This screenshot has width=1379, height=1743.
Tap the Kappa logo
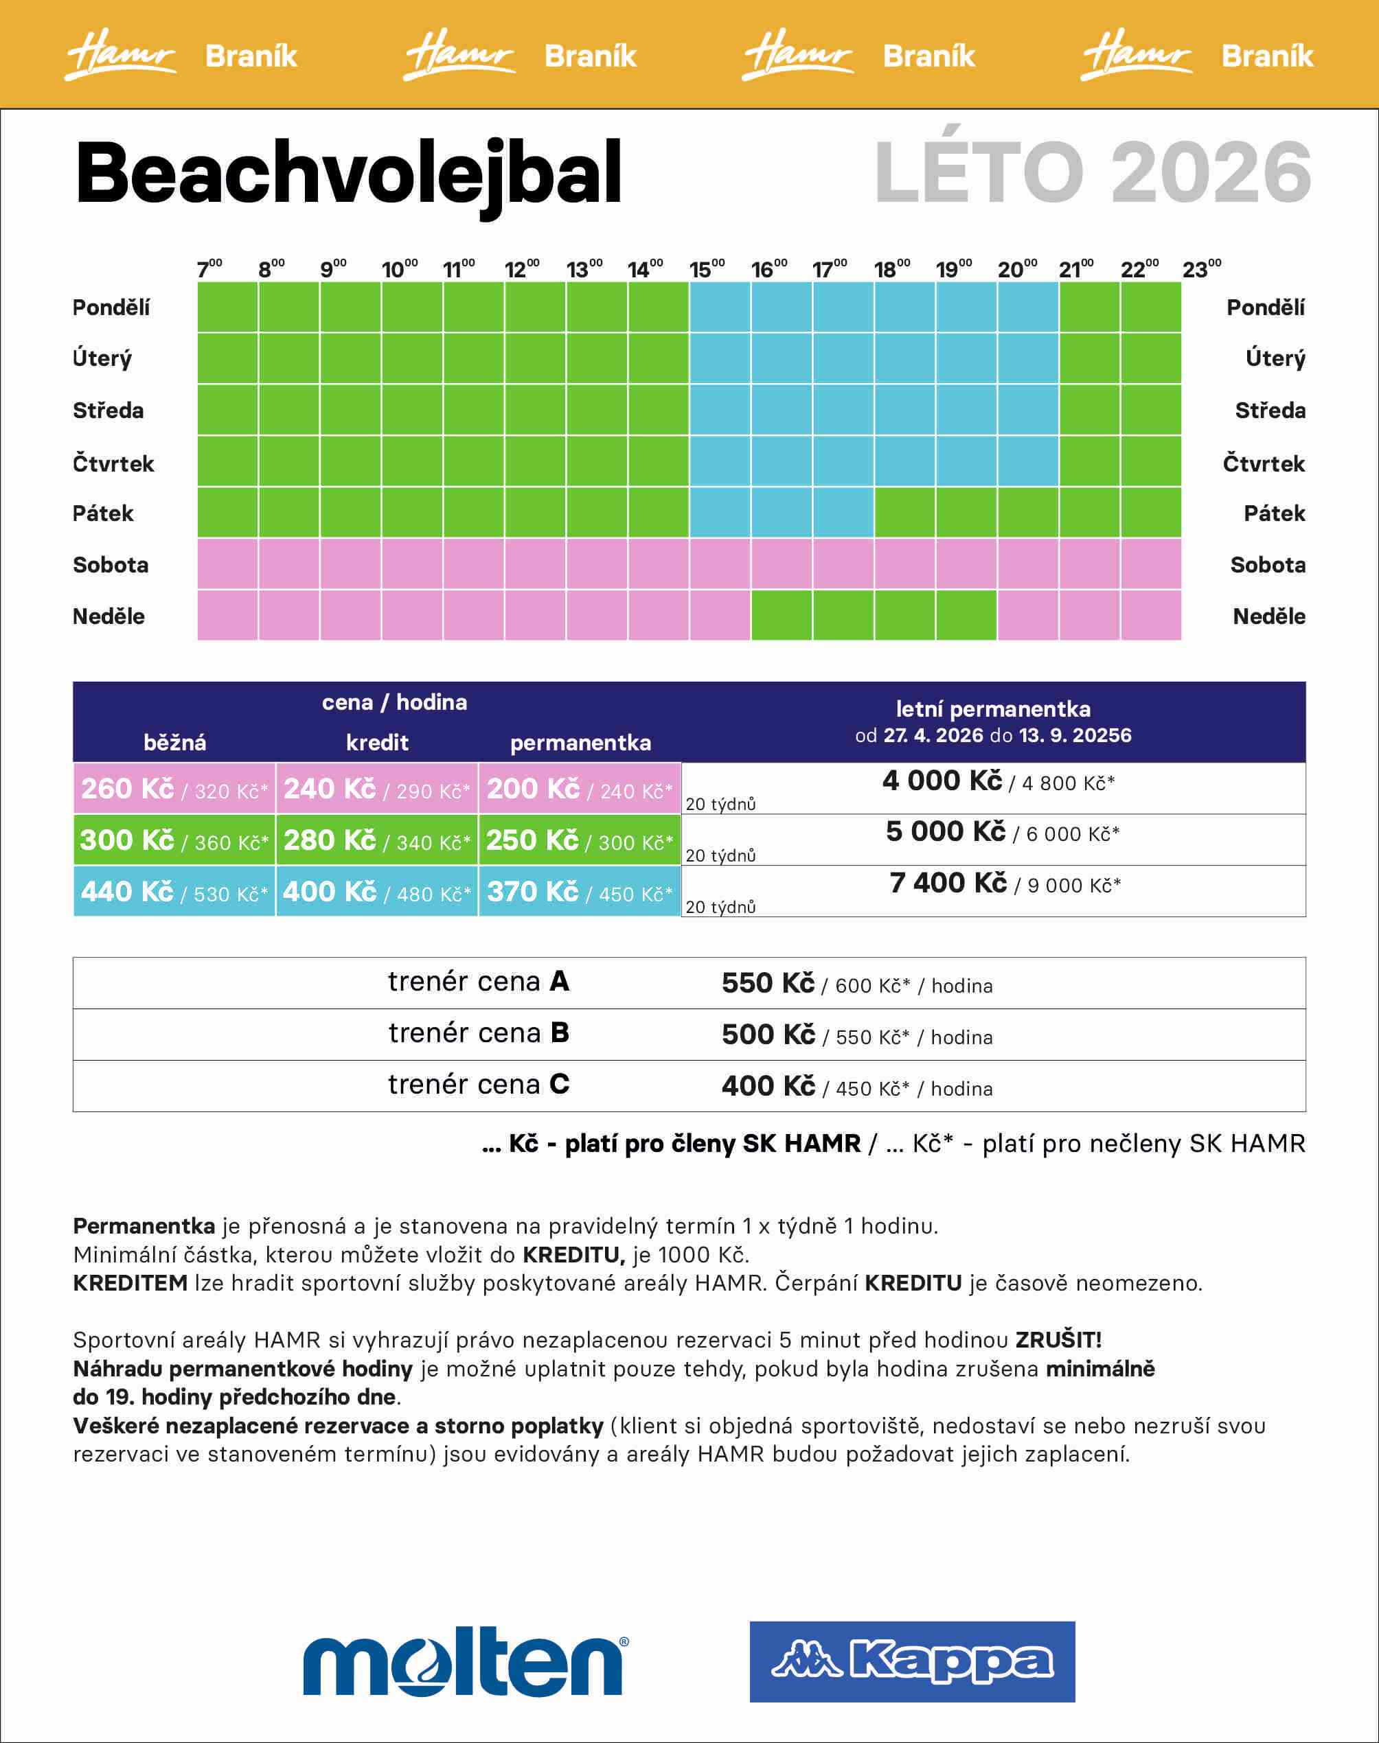(911, 1661)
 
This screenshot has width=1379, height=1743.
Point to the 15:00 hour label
(707, 268)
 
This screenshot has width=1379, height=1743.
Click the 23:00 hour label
(1200, 268)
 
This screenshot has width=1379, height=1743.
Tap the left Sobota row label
(111, 565)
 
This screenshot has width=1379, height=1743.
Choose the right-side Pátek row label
(1274, 513)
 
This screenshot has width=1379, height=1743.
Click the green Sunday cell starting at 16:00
(782, 615)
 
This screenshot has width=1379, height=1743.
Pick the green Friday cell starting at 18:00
(904, 512)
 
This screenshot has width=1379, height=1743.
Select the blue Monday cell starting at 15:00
(719, 307)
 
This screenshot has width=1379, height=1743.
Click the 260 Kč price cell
(174, 788)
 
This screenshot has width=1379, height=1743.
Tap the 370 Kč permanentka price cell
(580, 892)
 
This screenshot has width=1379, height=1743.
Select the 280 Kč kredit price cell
(377, 840)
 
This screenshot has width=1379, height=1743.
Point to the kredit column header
(377, 742)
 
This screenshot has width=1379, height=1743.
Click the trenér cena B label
(479, 1033)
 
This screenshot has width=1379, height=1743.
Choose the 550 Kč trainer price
(768, 983)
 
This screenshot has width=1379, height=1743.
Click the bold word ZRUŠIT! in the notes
(1058, 1340)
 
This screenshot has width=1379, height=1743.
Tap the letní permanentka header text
(993, 709)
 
